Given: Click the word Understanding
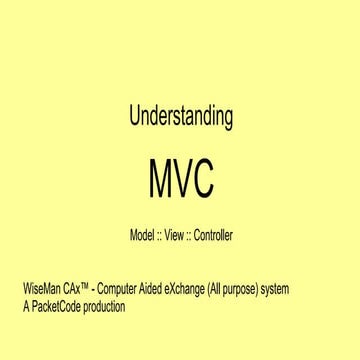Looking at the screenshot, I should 180,116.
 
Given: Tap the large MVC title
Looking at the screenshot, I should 180,182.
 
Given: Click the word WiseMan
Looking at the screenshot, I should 41,290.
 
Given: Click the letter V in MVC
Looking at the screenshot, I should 180,182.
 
